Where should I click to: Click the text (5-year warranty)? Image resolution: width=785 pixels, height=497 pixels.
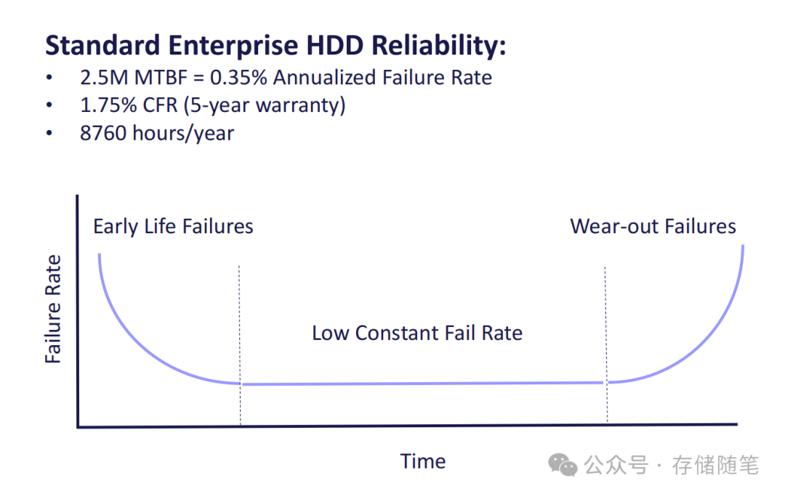[x=264, y=105]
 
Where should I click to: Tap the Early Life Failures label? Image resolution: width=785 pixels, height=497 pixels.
[x=173, y=227]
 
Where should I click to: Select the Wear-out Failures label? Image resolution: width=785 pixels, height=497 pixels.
[x=653, y=227]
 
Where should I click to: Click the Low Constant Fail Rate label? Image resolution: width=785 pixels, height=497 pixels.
[x=417, y=334]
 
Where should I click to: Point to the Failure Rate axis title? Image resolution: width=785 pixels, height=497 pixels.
[x=53, y=310]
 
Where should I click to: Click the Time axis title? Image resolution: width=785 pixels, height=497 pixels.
[x=422, y=461]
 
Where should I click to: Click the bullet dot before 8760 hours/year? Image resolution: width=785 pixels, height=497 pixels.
[x=49, y=134]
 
